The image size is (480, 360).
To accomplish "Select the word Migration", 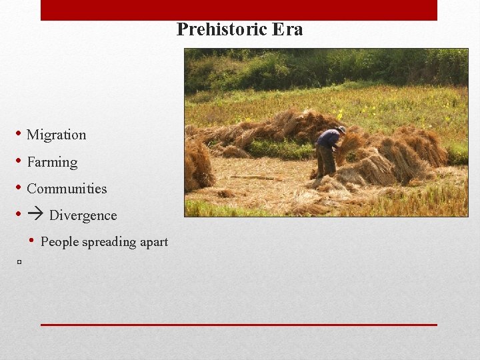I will click(x=57, y=135).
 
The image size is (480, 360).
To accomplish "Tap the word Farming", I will click(x=52, y=162).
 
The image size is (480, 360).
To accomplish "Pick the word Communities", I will click(x=67, y=189).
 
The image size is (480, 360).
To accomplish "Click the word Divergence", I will click(x=83, y=215).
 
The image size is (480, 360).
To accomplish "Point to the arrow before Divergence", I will click(x=35, y=215).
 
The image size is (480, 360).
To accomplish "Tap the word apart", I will click(x=153, y=241).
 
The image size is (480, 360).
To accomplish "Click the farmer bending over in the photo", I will click(x=329, y=150).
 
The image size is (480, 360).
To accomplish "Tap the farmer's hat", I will click(x=341, y=129).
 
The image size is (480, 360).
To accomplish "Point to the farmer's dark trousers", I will click(x=326, y=161).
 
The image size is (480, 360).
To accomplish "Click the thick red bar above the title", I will click(x=239, y=10).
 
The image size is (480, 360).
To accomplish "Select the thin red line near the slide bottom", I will click(x=239, y=325).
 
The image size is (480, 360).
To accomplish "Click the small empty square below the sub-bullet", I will click(x=20, y=263).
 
